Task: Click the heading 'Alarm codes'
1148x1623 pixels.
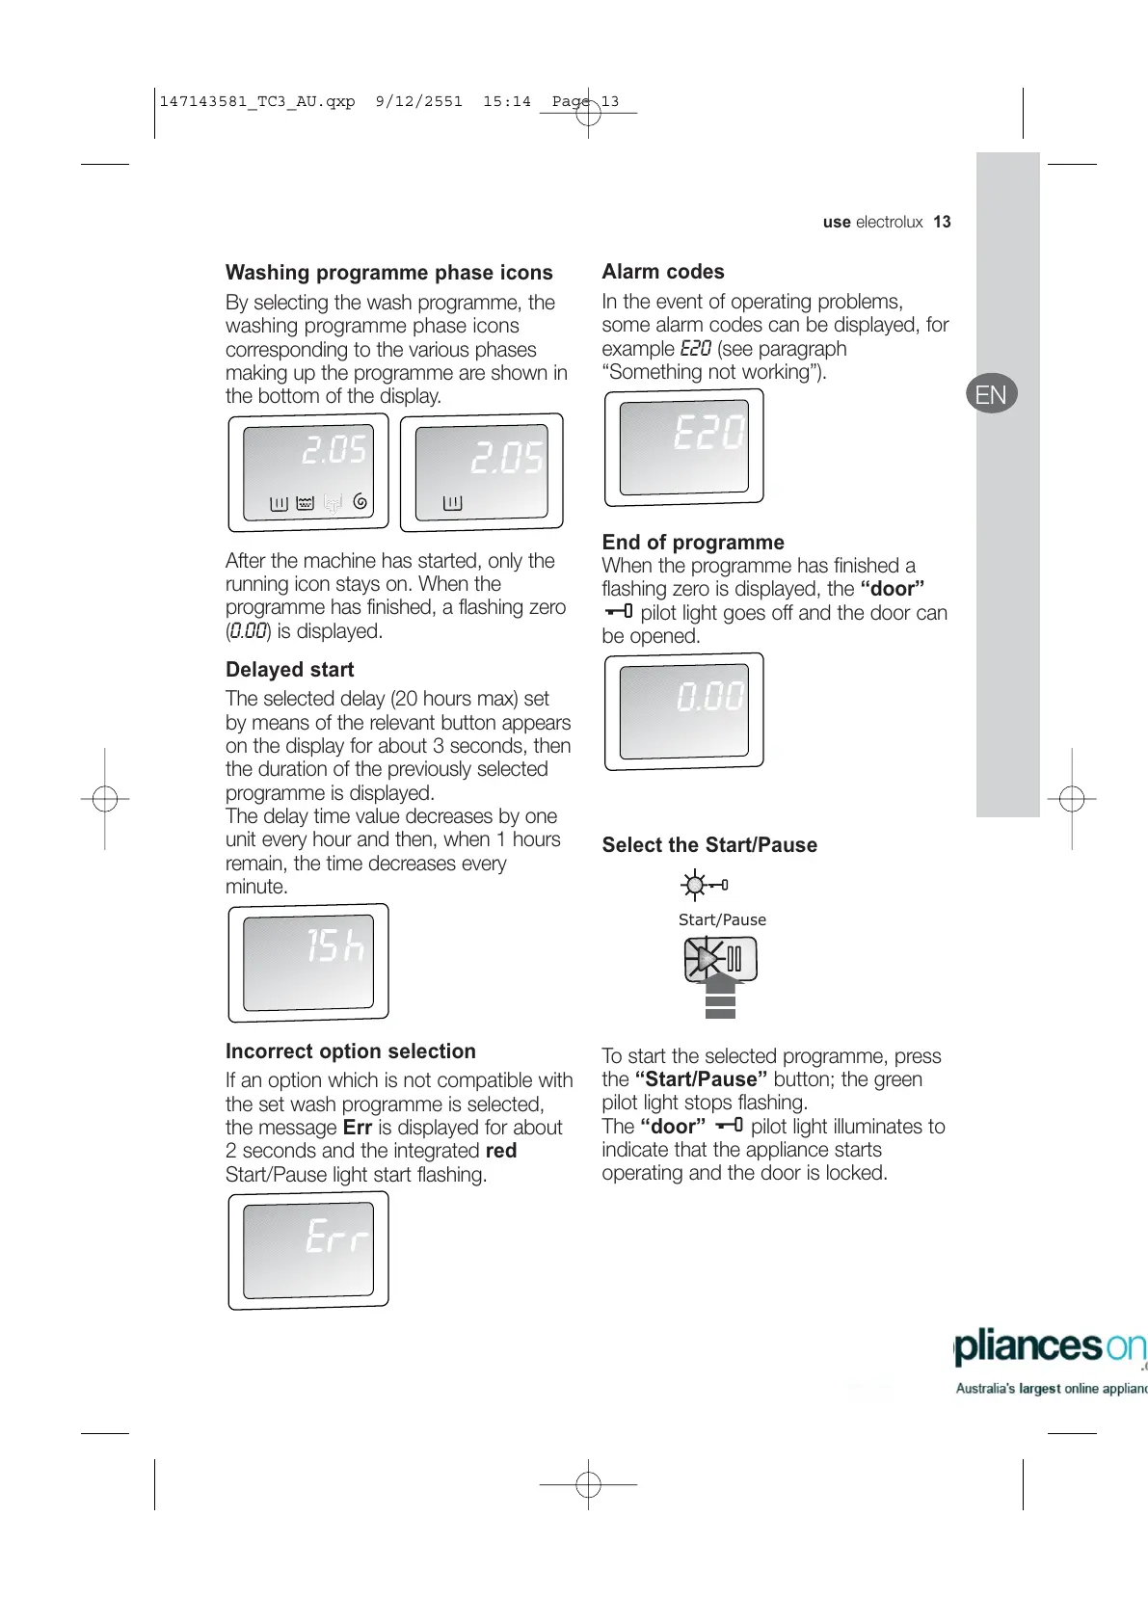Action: (663, 272)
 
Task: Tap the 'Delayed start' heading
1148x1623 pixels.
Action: (289, 670)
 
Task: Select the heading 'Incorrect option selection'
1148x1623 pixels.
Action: (350, 1051)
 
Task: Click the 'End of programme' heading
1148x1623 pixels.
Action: (693, 542)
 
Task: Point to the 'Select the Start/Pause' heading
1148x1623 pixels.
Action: (709, 845)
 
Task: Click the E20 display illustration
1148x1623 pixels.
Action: (683, 447)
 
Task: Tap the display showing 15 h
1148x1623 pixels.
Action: (308, 962)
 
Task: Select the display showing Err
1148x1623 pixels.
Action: (308, 1250)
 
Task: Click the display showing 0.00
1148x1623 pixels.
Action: (683, 711)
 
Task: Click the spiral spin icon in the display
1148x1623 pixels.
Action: (360, 501)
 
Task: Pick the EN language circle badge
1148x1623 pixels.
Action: (991, 394)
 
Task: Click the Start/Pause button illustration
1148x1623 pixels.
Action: (721, 959)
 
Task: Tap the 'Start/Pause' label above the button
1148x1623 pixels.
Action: (722, 919)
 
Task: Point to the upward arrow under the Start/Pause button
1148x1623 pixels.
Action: (720, 996)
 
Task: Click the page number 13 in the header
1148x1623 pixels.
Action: (942, 222)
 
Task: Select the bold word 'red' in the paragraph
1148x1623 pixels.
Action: (501, 1151)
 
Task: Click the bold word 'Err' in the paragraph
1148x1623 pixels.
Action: (357, 1128)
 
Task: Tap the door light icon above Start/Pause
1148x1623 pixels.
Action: (704, 885)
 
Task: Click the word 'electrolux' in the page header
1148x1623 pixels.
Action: (889, 222)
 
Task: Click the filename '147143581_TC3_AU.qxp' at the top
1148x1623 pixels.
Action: (256, 101)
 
